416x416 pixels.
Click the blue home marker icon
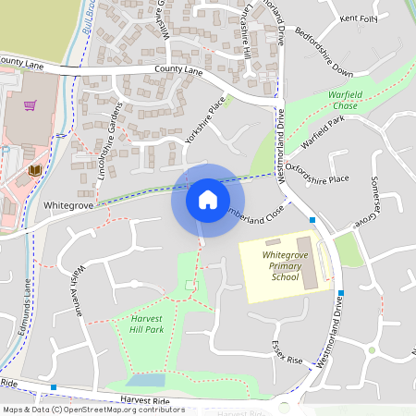(x=207, y=200)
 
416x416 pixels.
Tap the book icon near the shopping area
(x=35, y=171)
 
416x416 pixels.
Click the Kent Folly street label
(x=360, y=18)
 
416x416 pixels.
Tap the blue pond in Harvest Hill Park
(x=145, y=380)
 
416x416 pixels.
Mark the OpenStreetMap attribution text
(x=92, y=410)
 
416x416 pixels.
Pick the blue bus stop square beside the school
(x=312, y=220)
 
